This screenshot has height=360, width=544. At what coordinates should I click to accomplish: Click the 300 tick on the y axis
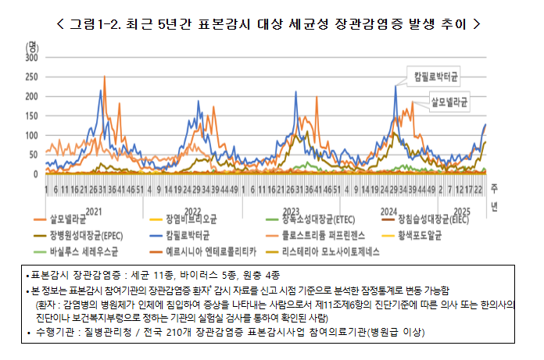point(32,58)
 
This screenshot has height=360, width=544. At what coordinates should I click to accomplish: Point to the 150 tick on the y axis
point(32,116)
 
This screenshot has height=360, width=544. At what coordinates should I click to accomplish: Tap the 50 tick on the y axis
point(34,155)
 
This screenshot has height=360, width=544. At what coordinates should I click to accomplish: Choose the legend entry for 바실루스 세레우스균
point(81,251)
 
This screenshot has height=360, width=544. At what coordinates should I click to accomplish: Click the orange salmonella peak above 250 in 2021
point(102,76)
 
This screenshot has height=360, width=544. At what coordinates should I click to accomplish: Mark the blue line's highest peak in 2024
point(395,87)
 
